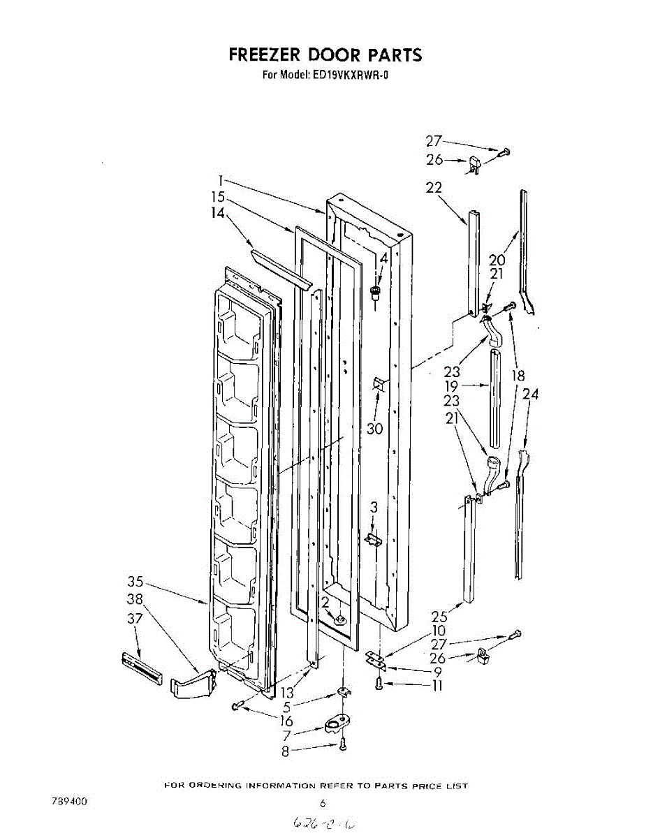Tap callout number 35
[x=135, y=581]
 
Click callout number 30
[x=375, y=428]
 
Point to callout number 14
[x=218, y=214]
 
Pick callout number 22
[x=434, y=187]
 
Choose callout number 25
[x=439, y=617]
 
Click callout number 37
[x=135, y=617]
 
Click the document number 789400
[x=68, y=802]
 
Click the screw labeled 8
[x=342, y=747]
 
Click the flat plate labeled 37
[x=142, y=666]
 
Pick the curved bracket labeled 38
[x=193, y=684]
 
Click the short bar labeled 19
[x=495, y=398]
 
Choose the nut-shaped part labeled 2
[x=339, y=618]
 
